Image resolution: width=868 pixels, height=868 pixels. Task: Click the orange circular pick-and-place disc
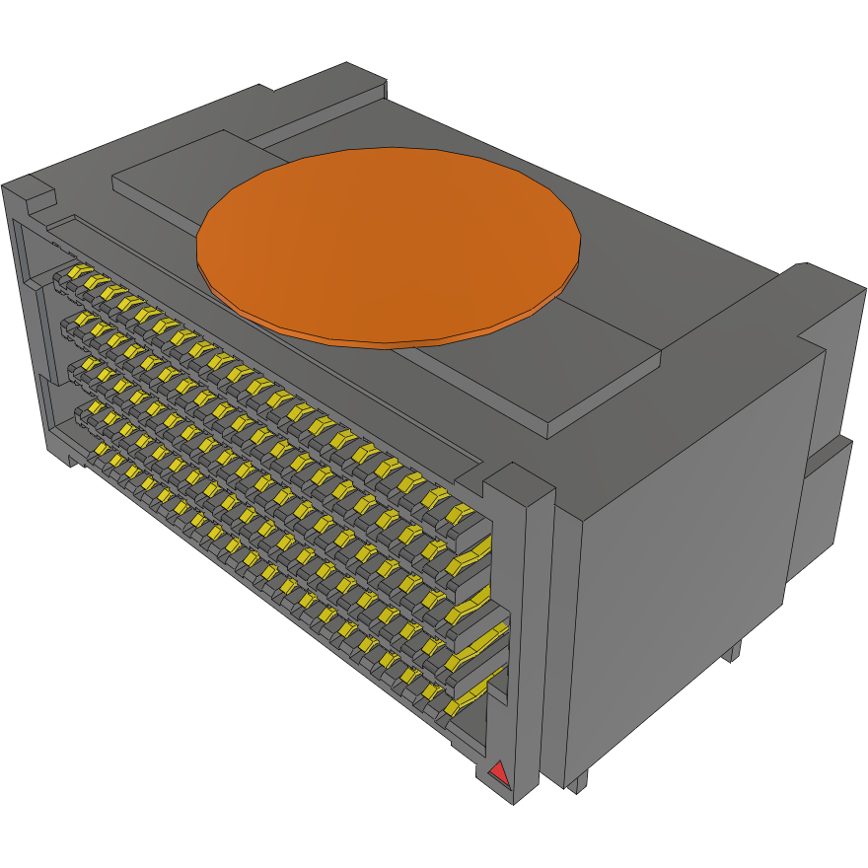pyautogui.click(x=388, y=247)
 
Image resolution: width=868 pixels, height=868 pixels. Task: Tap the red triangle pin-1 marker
pyautogui.click(x=500, y=773)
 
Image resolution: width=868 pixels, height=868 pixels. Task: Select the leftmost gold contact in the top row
pyautogui.click(x=75, y=271)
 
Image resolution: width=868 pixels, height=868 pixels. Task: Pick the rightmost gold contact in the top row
pyautogui.click(x=459, y=513)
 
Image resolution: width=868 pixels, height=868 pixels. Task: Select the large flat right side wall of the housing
pyautogui.click(x=690, y=552)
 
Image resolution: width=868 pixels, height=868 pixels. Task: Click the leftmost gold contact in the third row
pyautogui.click(x=75, y=366)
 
